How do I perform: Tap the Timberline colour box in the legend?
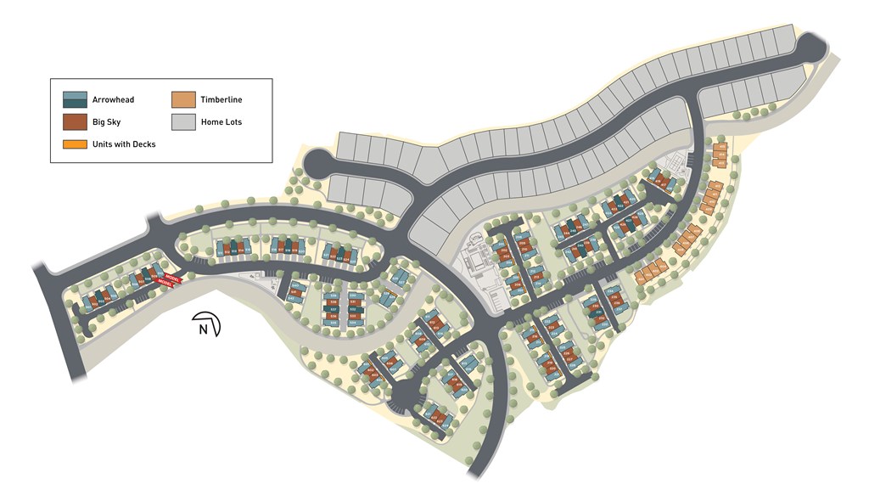[x=183, y=99]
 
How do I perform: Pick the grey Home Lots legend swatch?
[x=183, y=121]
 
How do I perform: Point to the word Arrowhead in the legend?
[x=113, y=100]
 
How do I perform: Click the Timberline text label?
[x=221, y=100]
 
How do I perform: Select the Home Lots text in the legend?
[x=221, y=122]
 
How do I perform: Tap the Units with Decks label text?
[x=124, y=144]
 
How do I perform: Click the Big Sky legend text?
[x=106, y=122]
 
